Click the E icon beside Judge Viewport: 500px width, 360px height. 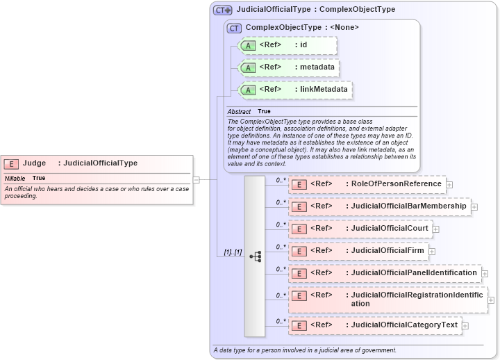coord(11,163)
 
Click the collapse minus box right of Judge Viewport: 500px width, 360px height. coord(197,179)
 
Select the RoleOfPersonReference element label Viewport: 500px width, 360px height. coord(396,183)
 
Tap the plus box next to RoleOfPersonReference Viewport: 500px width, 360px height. coord(449,185)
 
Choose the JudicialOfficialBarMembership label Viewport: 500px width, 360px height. coord(408,206)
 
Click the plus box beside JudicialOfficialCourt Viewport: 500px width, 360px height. coord(435,228)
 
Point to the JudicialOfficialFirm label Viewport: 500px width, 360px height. coord(387,250)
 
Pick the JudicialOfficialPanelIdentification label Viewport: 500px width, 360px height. coord(414,272)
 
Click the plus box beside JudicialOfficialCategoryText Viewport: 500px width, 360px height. coord(465,325)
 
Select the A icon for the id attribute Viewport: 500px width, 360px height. coord(248,45)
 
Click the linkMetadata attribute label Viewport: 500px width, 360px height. coord(324,89)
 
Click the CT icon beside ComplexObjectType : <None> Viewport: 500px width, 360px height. coord(234,28)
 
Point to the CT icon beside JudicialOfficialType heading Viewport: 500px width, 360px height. coord(222,10)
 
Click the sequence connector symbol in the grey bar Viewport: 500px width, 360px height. coord(255,256)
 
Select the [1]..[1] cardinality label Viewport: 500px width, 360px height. coord(233,252)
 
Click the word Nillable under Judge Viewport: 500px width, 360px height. coord(15,179)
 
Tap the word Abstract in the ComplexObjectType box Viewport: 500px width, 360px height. coord(239,111)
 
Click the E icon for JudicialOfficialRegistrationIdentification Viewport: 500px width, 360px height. coord(299,295)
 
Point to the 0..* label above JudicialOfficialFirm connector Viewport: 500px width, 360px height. coord(281,246)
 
